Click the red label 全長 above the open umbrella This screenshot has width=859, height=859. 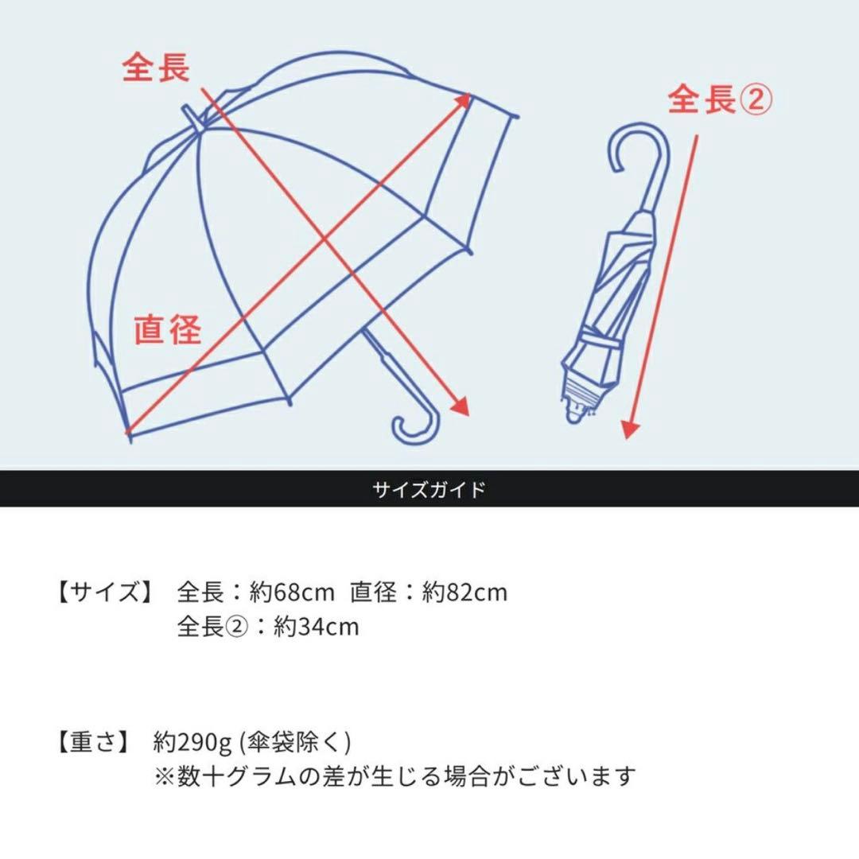[156, 68]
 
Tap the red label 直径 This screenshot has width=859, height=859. [167, 328]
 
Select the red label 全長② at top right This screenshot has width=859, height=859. [719, 100]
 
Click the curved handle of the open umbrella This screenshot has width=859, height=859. [416, 428]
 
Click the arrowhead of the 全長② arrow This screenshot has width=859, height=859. [629, 429]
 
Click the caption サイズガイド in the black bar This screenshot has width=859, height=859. [429, 489]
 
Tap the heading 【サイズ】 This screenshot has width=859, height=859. [104, 593]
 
